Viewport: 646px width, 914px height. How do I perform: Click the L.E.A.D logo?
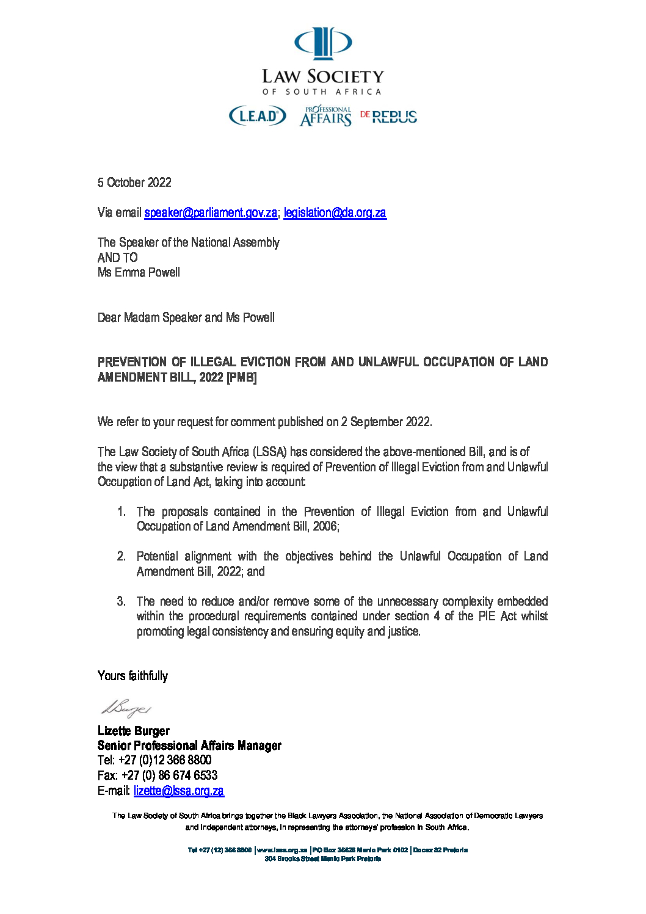pyautogui.click(x=257, y=115)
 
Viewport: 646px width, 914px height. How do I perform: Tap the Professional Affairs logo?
pyautogui.click(x=325, y=116)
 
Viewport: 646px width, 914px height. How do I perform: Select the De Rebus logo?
pyautogui.click(x=388, y=117)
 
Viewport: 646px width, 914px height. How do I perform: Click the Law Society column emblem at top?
pyautogui.click(x=323, y=43)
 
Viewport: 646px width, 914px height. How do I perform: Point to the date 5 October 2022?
pyautogui.click(x=134, y=183)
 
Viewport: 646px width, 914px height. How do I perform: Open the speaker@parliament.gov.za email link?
pyautogui.click(x=211, y=212)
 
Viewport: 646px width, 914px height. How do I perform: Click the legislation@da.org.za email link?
pyautogui.click(x=335, y=212)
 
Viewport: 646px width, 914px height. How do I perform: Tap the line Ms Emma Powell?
pyautogui.click(x=139, y=272)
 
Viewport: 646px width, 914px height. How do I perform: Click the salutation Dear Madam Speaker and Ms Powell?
pyautogui.click(x=186, y=317)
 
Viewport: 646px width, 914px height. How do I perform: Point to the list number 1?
pyautogui.click(x=122, y=512)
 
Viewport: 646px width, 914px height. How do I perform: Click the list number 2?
pyautogui.click(x=122, y=556)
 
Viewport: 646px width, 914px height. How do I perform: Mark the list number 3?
pyautogui.click(x=122, y=601)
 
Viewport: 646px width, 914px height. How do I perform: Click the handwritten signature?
pyautogui.click(x=126, y=708)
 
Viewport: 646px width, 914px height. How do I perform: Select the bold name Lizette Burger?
pyautogui.click(x=134, y=731)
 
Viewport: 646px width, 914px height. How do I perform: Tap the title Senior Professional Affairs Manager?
pyautogui.click(x=189, y=745)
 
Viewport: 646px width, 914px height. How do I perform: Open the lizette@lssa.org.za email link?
pyautogui.click(x=179, y=791)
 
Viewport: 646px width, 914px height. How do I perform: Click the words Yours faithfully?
pyautogui.click(x=132, y=676)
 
